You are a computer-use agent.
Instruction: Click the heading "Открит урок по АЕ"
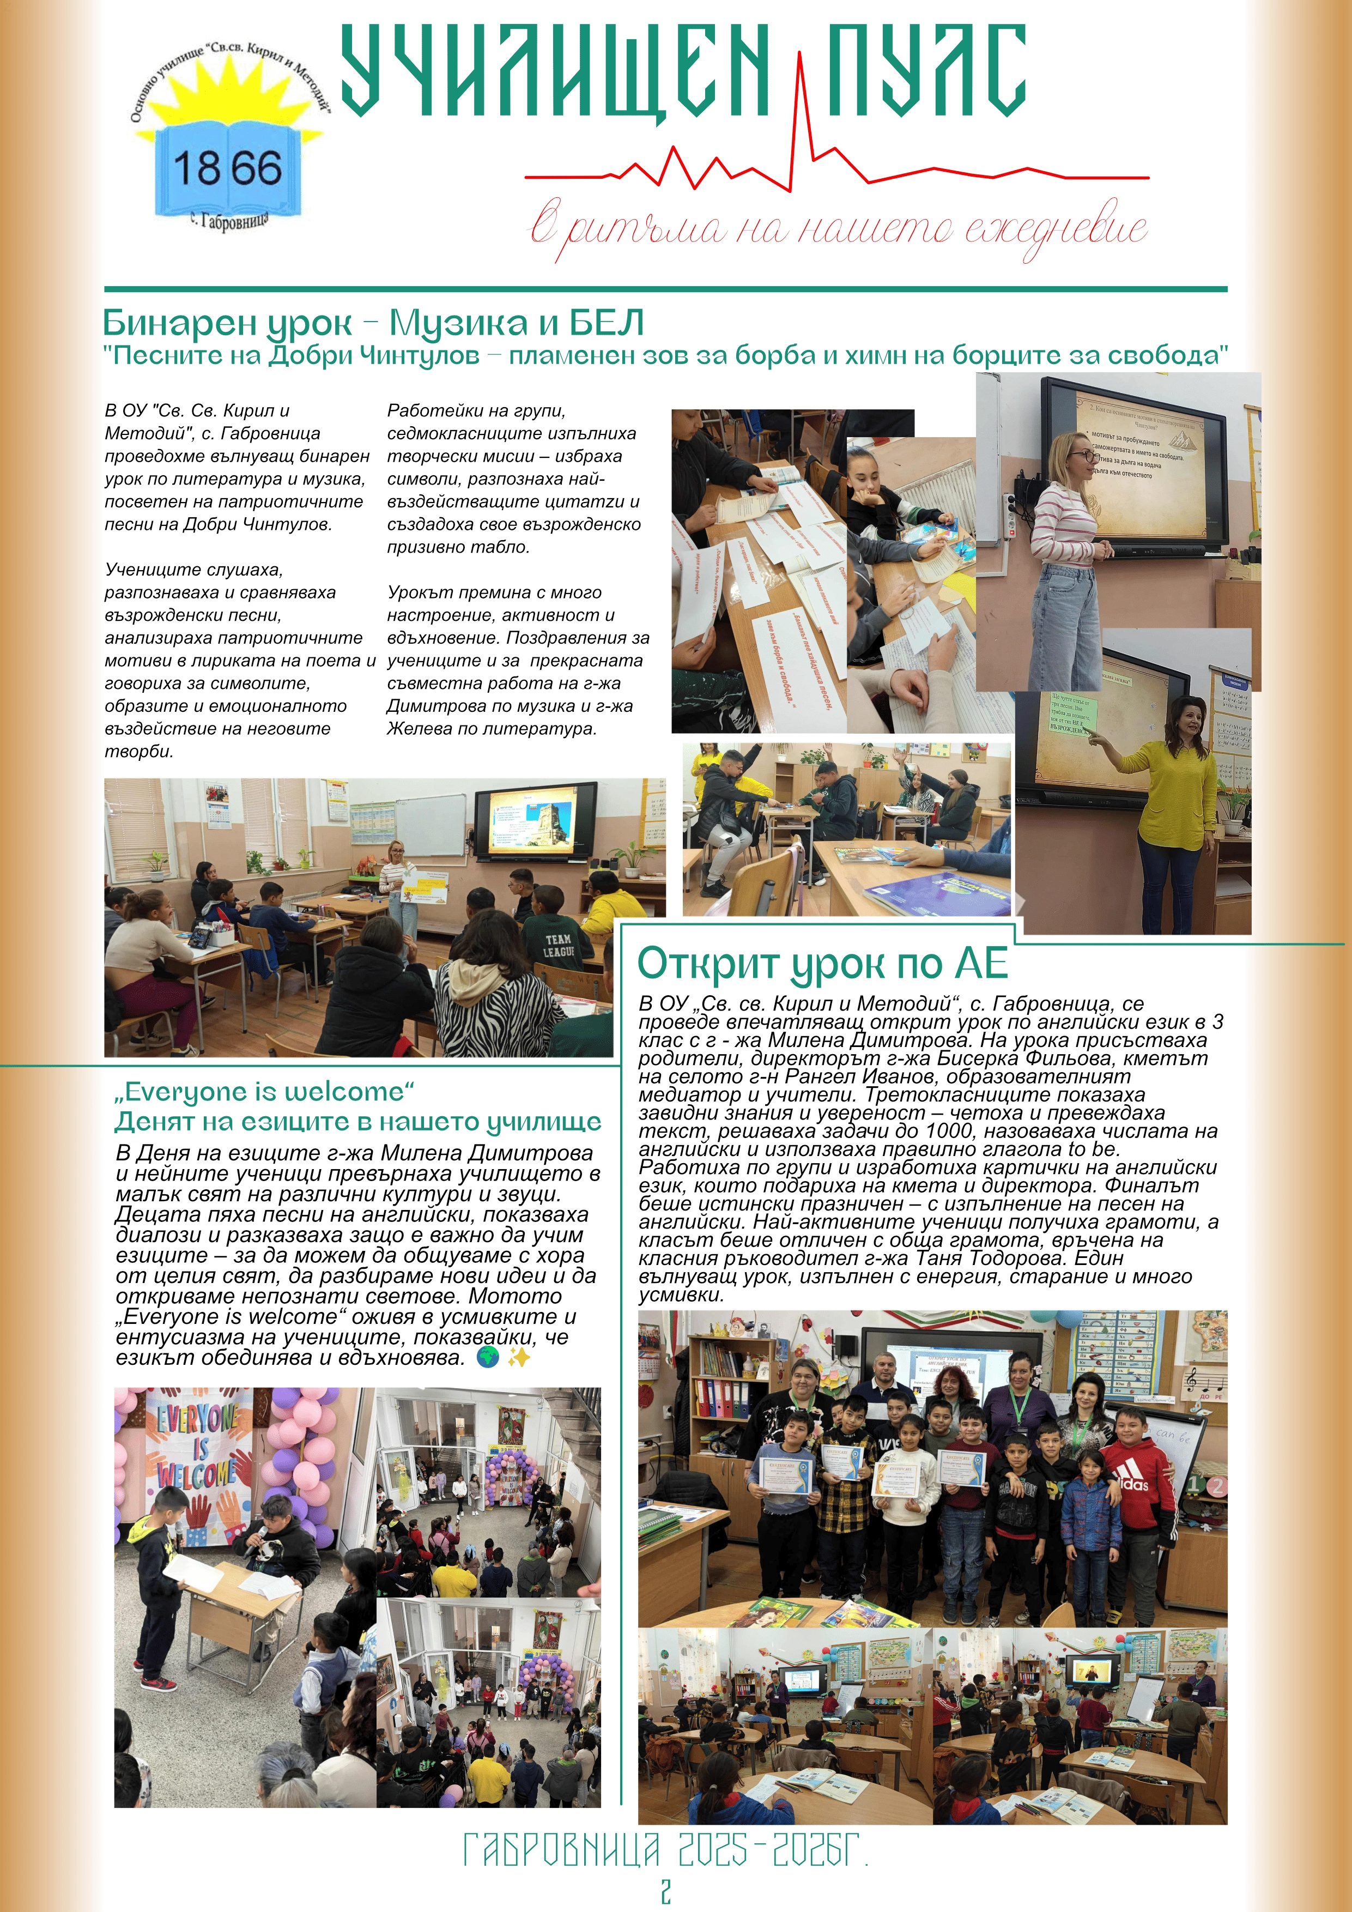[x=822, y=964]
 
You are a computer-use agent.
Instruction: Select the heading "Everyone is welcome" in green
[x=265, y=1092]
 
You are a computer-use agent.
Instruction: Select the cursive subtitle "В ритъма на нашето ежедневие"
[x=839, y=229]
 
